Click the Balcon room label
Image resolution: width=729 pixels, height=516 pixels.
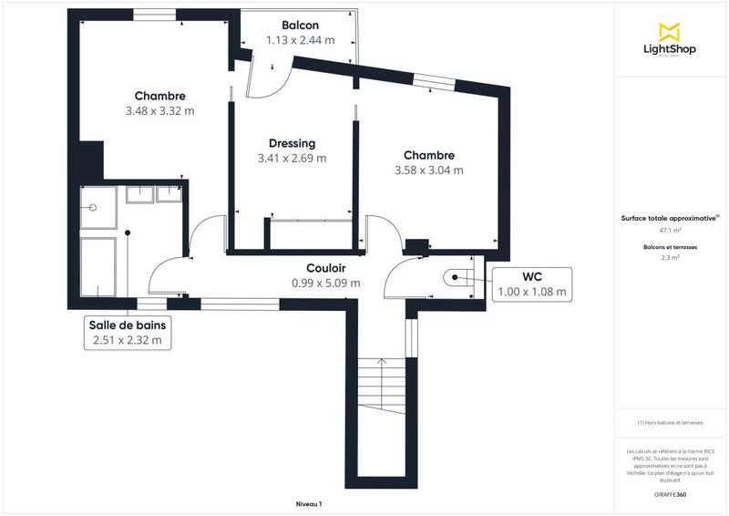click(x=300, y=26)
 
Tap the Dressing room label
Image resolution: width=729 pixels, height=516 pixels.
click(x=292, y=143)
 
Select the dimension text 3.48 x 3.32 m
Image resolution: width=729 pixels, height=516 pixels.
click(x=159, y=111)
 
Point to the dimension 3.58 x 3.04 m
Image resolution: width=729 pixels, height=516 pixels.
click(x=428, y=170)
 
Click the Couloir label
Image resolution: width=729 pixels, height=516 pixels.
click(x=325, y=268)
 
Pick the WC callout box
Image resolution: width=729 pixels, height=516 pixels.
click(x=532, y=284)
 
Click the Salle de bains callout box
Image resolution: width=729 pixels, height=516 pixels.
click(x=128, y=333)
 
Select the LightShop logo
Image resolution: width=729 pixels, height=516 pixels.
click(x=670, y=41)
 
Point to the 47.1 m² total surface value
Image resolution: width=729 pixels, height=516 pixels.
click(x=670, y=231)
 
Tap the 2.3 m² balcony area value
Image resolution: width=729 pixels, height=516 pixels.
click(x=670, y=258)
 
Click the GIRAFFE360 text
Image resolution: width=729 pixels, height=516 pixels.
click(x=670, y=493)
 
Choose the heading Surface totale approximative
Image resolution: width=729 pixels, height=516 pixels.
click(x=670, y=218)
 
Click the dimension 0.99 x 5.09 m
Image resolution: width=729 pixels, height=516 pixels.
click(x=325, y=283)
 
